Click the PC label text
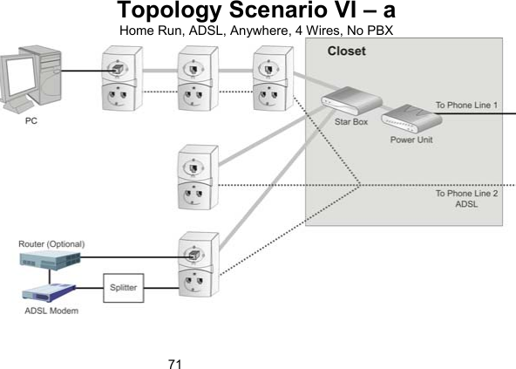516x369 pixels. click(x=31, y=121)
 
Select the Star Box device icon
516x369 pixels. click(x=343, y=104)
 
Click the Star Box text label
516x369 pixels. click(x=351, y=123)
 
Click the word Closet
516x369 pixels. click(x=346, y=51)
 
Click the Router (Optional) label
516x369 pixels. click(x=53, y=243)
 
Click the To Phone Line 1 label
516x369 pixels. click(x=466, y=105)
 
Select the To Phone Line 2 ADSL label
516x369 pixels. click(x=466, y=199)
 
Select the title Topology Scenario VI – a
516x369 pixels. click(x=257, y=12)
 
